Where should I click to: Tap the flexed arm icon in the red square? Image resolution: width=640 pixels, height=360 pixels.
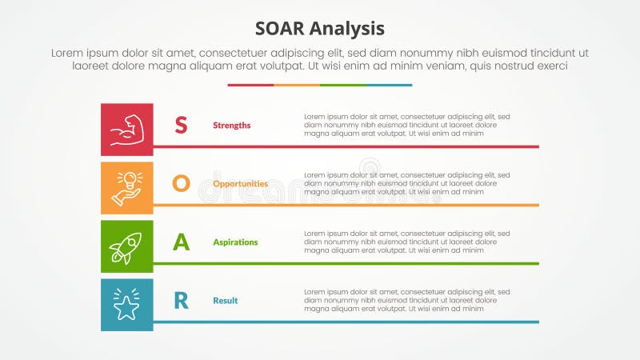click(x=126, y=130)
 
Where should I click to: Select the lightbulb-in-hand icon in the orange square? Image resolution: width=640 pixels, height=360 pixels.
click(x=126, y=188)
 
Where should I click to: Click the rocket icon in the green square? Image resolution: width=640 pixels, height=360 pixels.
click(x=126, y=246)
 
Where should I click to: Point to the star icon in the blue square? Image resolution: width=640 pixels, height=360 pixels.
click(x=126, y=305)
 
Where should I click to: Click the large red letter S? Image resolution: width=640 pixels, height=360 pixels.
click(x=182, y=125)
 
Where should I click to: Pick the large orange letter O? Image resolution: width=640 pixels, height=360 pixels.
click(x=182, y=183)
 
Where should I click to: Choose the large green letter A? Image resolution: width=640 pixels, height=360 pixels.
click(x=182, y=242)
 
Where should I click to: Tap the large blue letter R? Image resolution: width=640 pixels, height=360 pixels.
click(x=182, y=300)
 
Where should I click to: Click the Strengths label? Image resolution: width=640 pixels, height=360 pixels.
click(x=231, y=126)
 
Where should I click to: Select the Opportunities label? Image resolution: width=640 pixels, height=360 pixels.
click(x=240, y=184)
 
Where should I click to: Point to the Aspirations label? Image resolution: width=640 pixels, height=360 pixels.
click(x=235, y=242)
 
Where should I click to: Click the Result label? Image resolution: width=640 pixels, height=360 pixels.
click(x=225, y=301)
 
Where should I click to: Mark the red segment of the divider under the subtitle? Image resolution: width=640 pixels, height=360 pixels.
click(x=250, y=85)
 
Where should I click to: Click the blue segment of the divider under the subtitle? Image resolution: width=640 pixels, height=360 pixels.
click(x=389, y=85)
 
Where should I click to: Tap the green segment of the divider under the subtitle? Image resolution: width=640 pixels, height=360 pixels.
click(x=342, y=85)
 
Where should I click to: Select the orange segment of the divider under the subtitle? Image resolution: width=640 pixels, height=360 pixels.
click(x=297, y=85)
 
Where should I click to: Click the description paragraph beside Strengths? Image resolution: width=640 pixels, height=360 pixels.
click(x=406, y=125)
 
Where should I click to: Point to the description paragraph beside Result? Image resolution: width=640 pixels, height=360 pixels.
click(x=406, y=300)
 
